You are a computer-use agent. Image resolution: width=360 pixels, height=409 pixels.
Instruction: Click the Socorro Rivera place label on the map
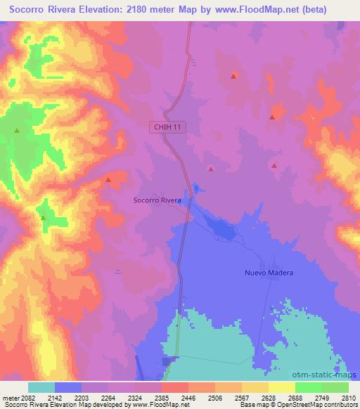coord(157,200)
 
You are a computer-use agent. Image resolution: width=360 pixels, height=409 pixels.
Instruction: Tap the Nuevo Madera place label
coord(268,273)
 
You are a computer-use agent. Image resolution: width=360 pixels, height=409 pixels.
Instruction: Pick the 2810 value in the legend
coord(349,398)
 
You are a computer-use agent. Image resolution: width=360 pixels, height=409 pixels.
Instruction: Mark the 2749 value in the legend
coord(321,398)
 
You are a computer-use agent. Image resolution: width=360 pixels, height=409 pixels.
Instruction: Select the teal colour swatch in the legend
coord(41,387)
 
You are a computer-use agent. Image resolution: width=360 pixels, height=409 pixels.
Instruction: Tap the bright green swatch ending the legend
coord(335,387)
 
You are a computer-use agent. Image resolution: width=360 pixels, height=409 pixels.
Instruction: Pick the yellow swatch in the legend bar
coord(282,387)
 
